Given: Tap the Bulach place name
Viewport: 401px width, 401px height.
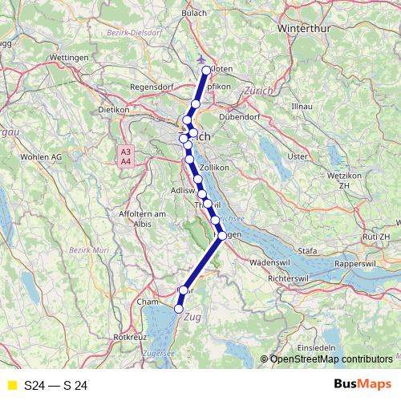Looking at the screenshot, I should click(x=194, y=14).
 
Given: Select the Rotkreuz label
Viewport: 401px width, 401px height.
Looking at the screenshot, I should click(x=130, y=337).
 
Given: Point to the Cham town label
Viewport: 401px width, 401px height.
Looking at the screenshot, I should click(x=148, y=302).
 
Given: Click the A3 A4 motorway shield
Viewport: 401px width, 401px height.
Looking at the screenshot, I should click(x=125, y=156).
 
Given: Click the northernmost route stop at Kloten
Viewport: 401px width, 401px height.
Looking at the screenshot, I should click(x=207, y=71).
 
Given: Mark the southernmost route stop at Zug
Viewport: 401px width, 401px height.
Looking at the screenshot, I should click(x=179, y=308).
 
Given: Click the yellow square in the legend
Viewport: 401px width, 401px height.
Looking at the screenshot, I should click(x=11, y=386).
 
